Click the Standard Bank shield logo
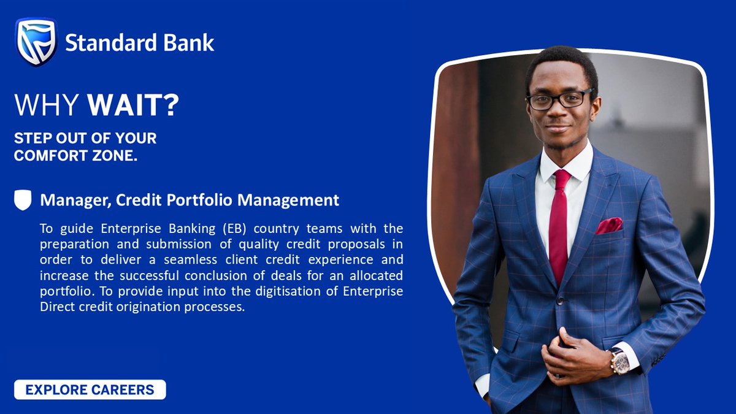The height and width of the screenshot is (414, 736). coord(36,42)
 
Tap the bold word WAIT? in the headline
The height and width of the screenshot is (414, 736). coord(133,105)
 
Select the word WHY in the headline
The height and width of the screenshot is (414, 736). coord(47,105)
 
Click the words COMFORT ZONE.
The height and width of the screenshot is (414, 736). coord(75,156)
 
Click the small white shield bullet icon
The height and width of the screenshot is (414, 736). coord(23,201)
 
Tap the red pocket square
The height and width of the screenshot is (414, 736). coord(608,226)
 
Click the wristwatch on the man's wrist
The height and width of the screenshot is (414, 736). coord(619,362)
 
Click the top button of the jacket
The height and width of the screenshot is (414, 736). coord(559,301)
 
